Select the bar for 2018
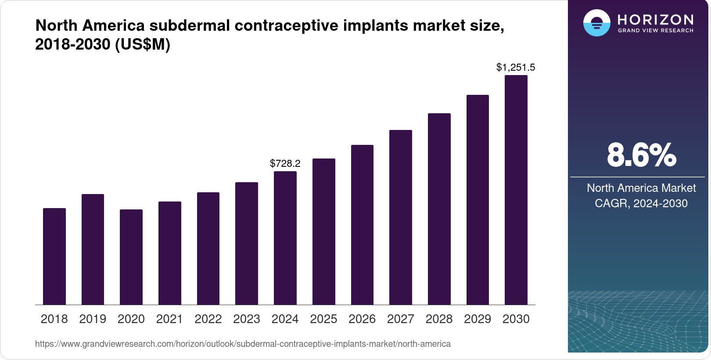click(54, 256)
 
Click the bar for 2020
click(131, 257)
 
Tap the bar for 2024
click(285, 238)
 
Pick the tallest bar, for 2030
click(516, 190)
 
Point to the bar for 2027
click(401, 217)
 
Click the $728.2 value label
click(285, 164)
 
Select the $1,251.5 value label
click(516, 68)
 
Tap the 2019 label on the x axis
click(93, 319)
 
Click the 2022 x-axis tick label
click(208, 319)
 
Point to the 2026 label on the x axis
click(362, 319)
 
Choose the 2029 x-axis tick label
click(478, 319)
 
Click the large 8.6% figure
click(641, 155)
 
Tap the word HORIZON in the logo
click(655, 19)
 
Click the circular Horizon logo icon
click(596, 23)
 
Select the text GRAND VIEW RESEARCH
click(655, 31)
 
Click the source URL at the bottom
click(243, 344)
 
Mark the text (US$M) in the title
click(143, 44)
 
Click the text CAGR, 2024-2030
click(641, 203)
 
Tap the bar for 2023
click(247, 243)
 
